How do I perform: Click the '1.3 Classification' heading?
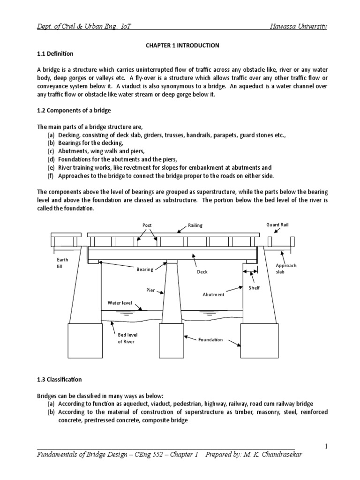[59, 379]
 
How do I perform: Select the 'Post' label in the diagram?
[147, 225]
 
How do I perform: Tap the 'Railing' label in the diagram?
[195, 225]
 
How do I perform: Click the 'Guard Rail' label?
[277, 225]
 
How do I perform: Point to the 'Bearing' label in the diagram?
[145, 270]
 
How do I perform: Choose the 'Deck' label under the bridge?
[202, 271]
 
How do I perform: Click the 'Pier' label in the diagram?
[150, 291]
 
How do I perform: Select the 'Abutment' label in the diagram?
[213, 294]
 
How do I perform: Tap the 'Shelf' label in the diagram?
[254, 288]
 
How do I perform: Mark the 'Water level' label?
[120, 303]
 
